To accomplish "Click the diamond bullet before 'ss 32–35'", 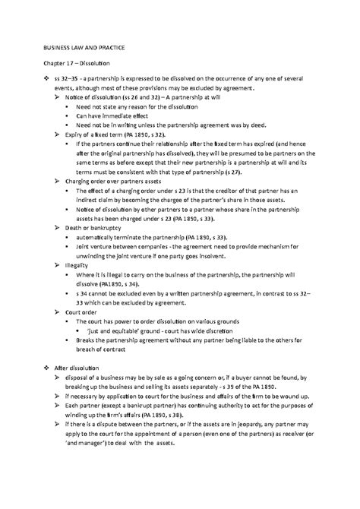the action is [x=48, y=80].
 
